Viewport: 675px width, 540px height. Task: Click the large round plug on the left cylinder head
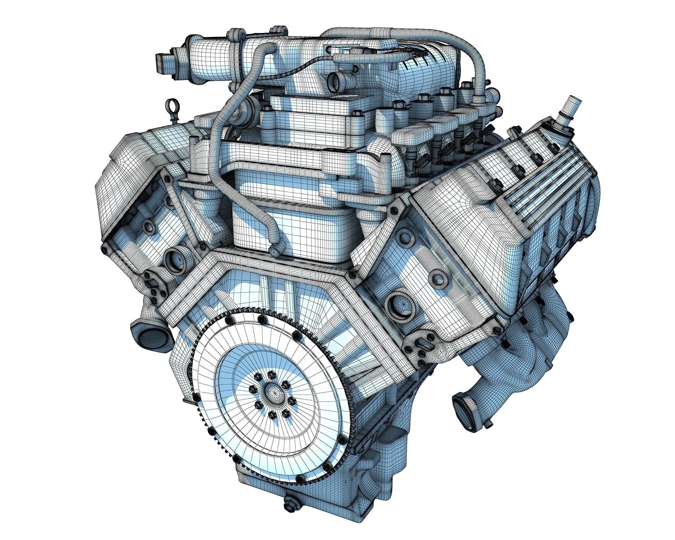click(175, 260)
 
